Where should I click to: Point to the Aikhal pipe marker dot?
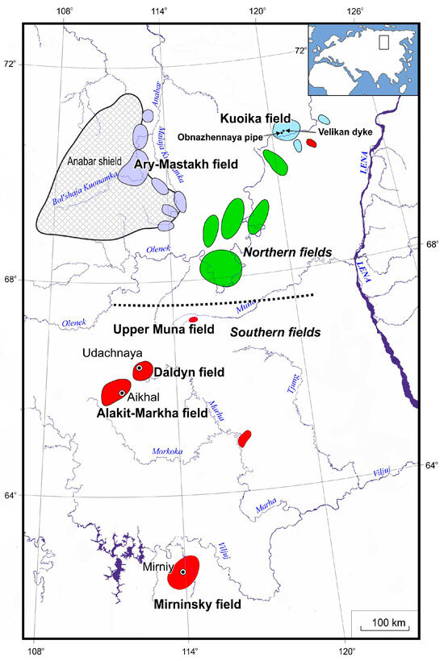pos(122,393)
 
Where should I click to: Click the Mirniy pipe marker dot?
pos(182,572)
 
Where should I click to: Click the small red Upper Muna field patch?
pos(193,319)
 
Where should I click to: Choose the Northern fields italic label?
pos(287,253)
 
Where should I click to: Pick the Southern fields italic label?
pos(275,331)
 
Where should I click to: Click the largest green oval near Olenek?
pos(220,267)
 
